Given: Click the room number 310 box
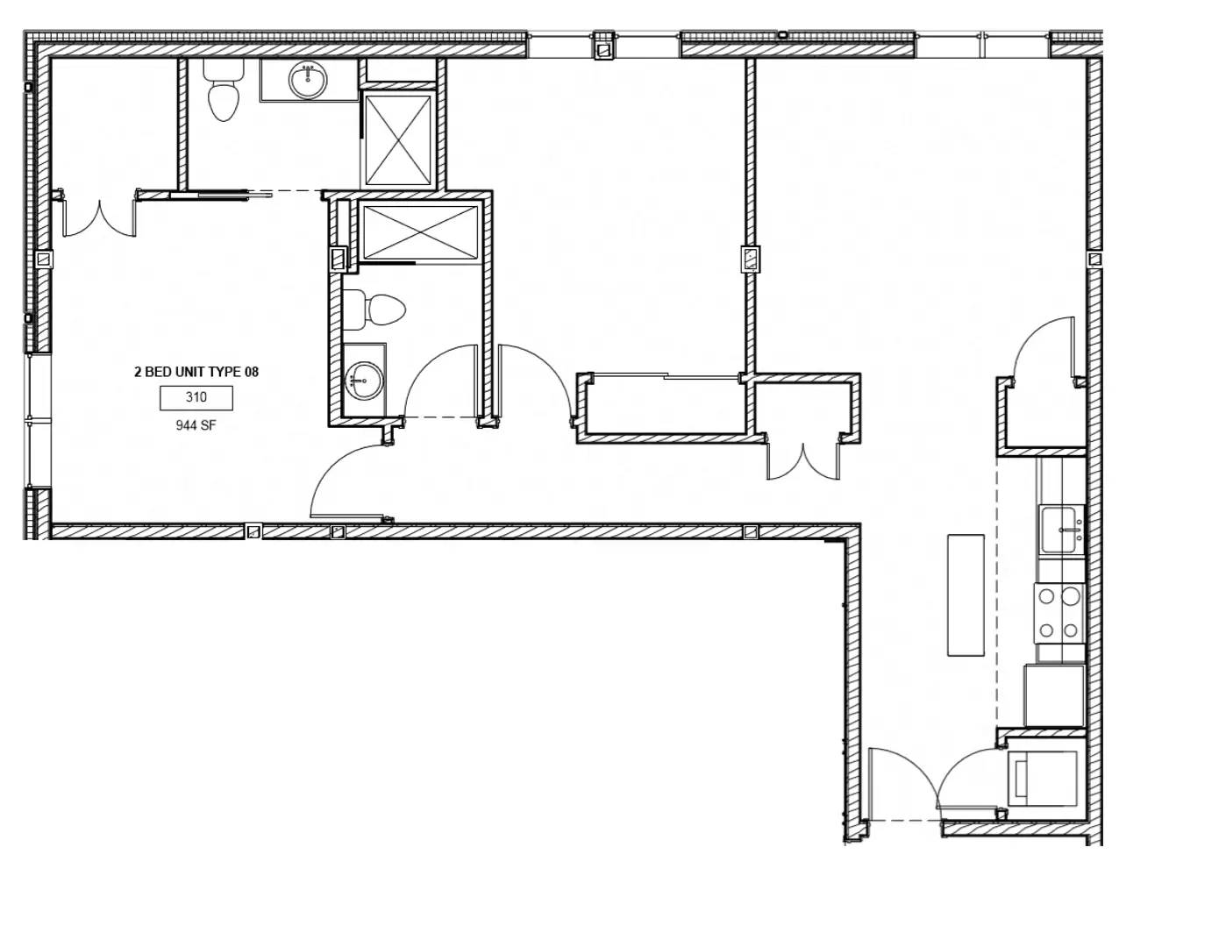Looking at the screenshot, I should pos(196,398).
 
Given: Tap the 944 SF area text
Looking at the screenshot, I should pos(196,427).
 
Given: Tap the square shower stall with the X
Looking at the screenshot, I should pos(398,139).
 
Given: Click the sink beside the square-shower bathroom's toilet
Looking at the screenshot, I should pos(308,81).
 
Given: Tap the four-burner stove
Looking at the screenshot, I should pos(1058,613).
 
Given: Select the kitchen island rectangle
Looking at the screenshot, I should pos(966,595).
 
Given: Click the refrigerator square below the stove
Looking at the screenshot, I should pos(1054,695).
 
